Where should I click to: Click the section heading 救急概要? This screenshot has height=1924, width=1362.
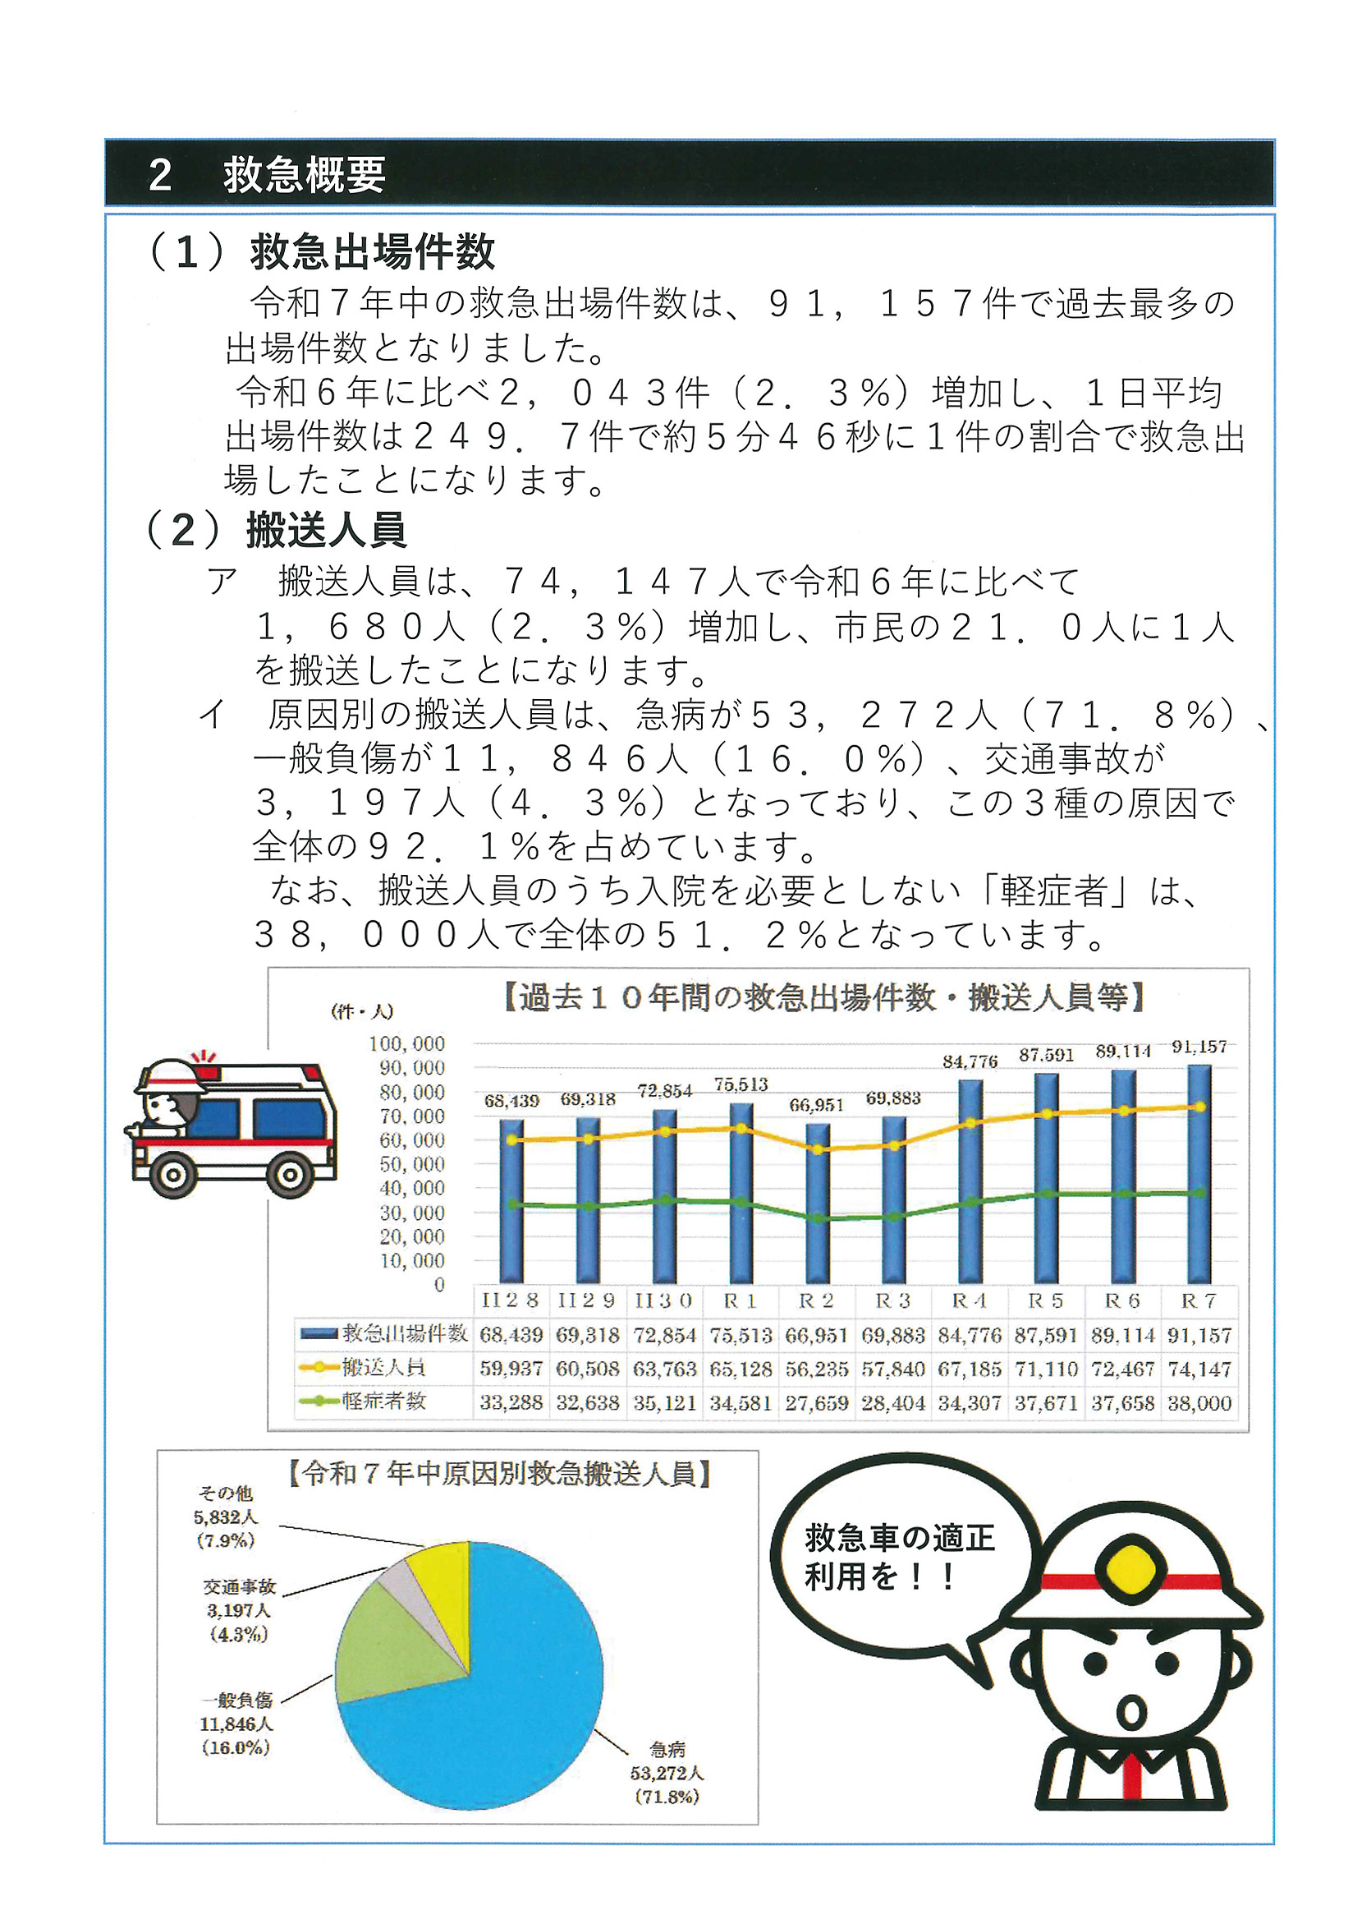click(304, 175)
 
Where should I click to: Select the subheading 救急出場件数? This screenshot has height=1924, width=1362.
click(373, 251)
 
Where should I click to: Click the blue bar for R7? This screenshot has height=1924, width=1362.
click(1199, 1175)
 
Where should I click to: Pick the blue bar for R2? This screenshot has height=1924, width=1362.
click(817, 1204)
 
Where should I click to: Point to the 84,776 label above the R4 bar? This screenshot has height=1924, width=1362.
click(970, 1061)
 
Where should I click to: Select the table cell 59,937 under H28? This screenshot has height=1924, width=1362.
click(511, 1369)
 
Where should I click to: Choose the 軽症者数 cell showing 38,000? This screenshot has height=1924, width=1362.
click(1199, 1402)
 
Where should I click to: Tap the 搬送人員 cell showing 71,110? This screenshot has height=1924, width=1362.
click(1046, 1369)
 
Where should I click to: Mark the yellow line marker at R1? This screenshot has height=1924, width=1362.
click(741, 1129)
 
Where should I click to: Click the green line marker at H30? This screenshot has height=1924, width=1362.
click(664, 1200)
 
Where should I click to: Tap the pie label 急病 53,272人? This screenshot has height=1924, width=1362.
click(667, 1772)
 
